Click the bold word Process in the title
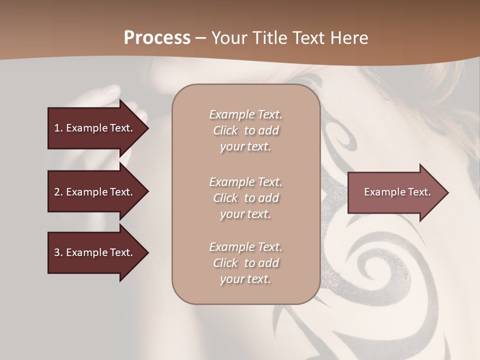tap(157, 38)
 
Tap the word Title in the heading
tap(270, 38)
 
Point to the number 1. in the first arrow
tap(58, 128)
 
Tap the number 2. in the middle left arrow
tap(58, 192)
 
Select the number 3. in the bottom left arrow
tap(58, 252)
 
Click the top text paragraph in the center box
tap(245, 130)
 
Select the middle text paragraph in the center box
tap(245, 198)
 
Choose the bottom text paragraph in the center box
tap(245, 263)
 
